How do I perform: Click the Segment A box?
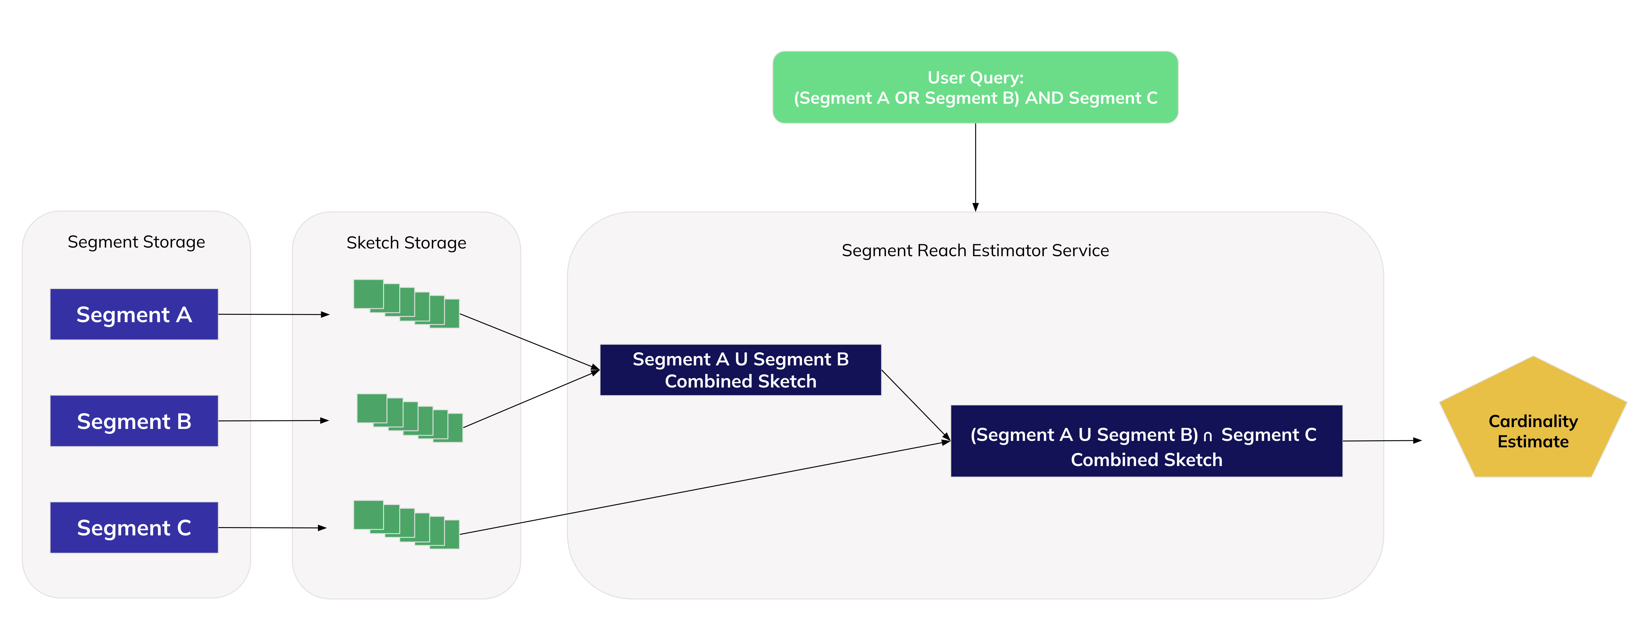134,314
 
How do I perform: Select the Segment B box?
134,421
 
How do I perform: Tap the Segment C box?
134,527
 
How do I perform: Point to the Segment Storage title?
136,242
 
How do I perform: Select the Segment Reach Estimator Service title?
975,250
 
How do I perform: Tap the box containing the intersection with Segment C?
1146,441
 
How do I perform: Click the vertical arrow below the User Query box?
975,167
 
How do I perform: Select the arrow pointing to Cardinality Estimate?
1382,441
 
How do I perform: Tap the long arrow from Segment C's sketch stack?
705,488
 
